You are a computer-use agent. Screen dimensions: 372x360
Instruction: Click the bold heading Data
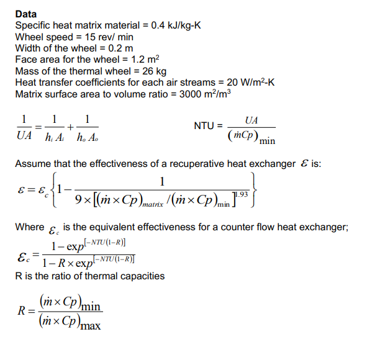coord(25,14)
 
